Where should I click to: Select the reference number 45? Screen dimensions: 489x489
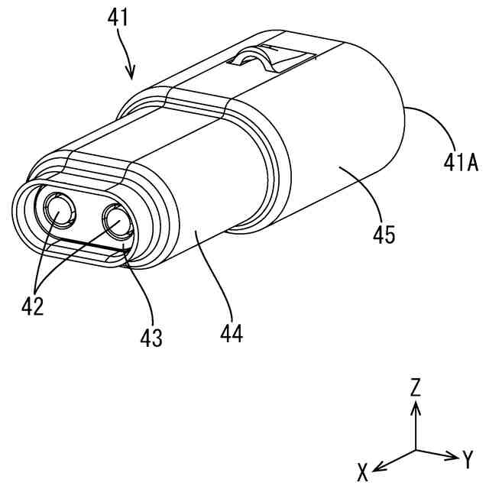click(x=384, y=234)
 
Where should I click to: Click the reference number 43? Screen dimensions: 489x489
click(x=151, y=337)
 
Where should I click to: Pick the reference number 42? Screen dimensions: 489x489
click(x=33, y=306)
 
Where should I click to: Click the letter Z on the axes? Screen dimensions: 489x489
click(x=416, y=387)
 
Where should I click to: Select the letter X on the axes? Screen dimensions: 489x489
click(x=363, y=471)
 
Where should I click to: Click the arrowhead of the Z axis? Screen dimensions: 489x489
click(x=416, y=406)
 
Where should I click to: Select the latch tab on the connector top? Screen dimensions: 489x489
click(x=264, y=60)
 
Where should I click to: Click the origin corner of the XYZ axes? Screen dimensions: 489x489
click(x=416, y=449)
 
